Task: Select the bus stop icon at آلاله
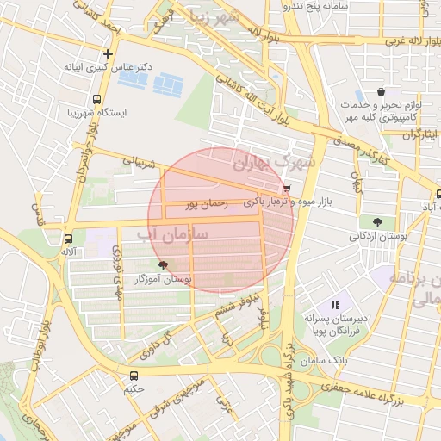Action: (68, 238)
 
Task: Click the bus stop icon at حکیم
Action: (133, 376)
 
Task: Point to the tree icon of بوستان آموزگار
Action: (163, 265)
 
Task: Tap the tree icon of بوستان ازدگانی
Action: (378, 222)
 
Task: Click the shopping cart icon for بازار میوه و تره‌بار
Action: (286, 189)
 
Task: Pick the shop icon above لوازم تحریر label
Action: (381, 92)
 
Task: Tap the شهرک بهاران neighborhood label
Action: (275, 161)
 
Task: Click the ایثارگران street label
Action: (419, 135)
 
